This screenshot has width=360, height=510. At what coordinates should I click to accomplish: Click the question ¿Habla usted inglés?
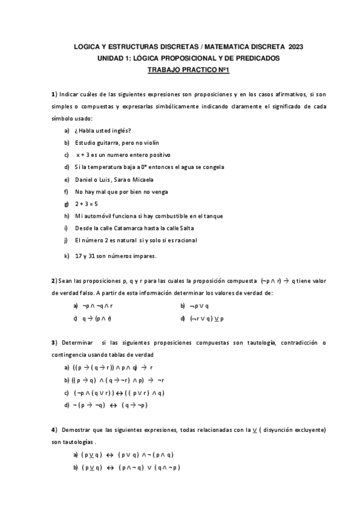click(103, 131)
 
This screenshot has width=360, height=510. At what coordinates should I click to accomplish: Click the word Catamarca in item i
click(135, 228)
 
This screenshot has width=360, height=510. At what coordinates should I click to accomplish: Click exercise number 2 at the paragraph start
click(53, 281)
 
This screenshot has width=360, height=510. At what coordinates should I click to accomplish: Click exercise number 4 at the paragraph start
click(53, 429)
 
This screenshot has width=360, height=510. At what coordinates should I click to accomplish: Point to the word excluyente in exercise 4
click(304, 430)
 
